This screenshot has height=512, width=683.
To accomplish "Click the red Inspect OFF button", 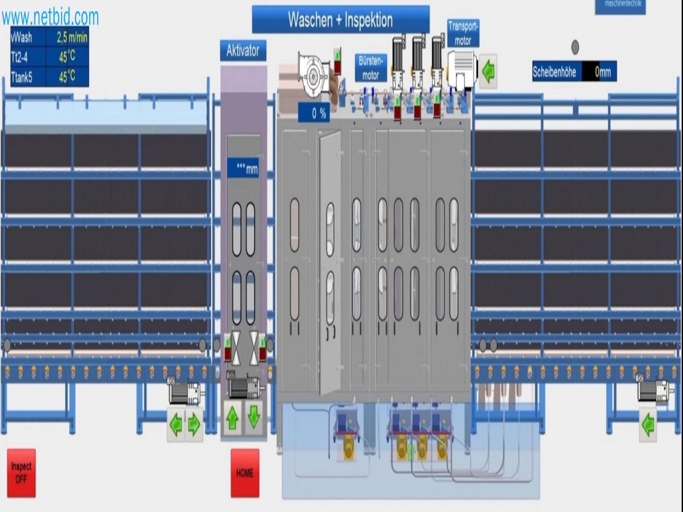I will coord(21,473).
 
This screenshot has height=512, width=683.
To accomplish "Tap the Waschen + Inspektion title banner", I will coord(340,20).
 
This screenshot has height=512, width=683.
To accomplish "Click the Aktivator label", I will coord(243,51).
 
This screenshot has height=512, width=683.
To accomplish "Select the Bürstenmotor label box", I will coord(371,68).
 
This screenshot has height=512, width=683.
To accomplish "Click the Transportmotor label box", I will coord(463,33).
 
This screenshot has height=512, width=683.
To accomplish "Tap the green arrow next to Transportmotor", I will coord(488,71).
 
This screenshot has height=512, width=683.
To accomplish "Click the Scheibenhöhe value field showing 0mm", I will coord(599,71).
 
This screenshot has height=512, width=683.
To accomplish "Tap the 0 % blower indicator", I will coord(314,114).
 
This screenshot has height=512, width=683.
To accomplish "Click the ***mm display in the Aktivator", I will coord(243,168).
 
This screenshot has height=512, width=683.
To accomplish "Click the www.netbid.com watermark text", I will coord(50,17).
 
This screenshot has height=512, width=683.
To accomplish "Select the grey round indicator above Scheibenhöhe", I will coord(575,47).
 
